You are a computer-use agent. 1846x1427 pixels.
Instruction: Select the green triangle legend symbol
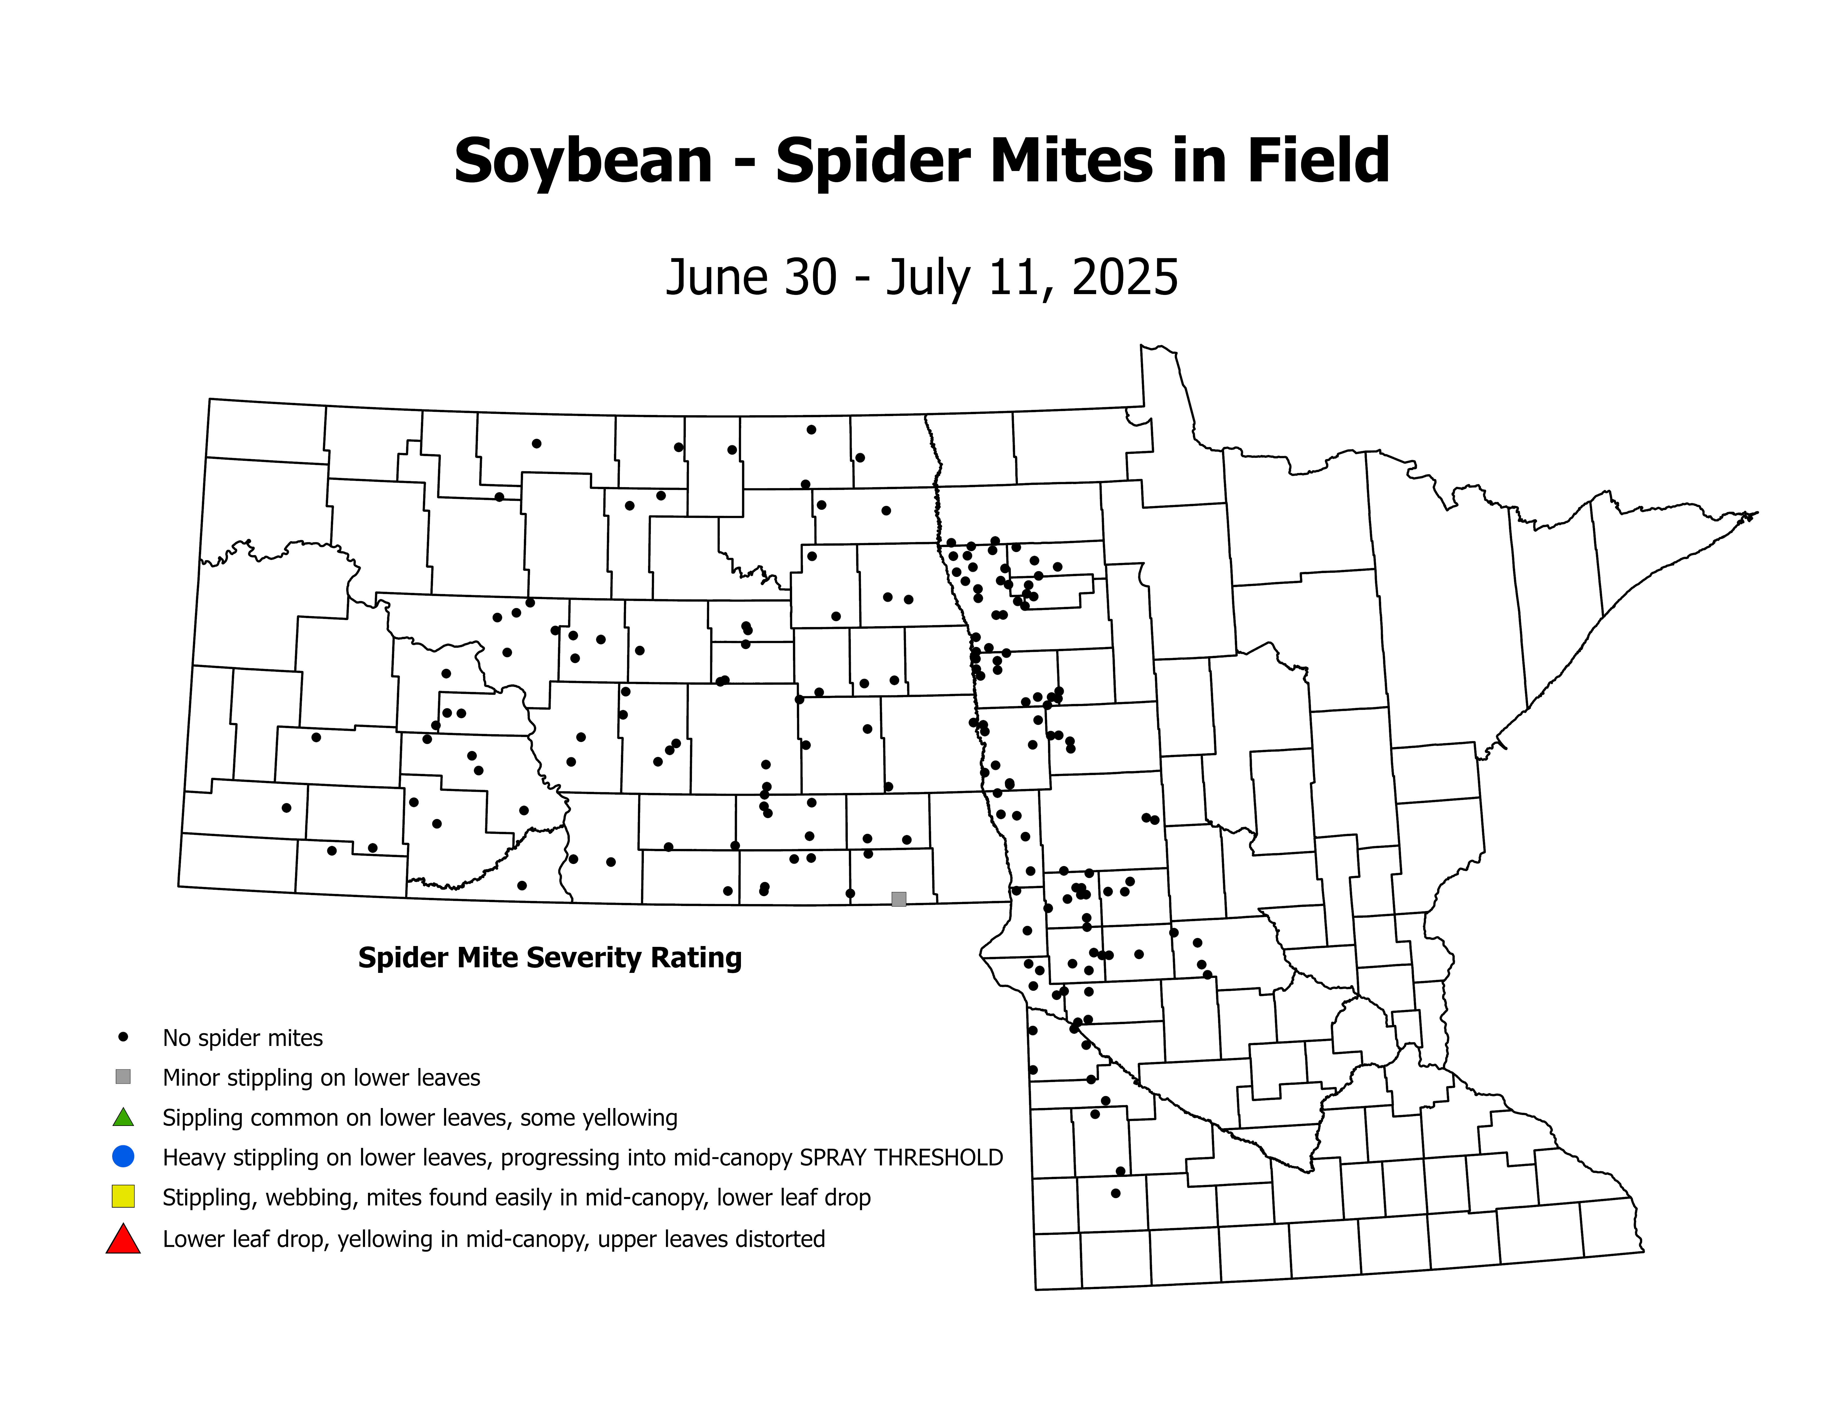(123, 1118)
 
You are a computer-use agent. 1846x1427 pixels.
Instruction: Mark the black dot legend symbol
(123, 1036)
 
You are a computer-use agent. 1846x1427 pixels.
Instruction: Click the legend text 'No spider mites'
(242, 1038)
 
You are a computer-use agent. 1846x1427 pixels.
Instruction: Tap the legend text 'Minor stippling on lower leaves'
(321, 1078)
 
